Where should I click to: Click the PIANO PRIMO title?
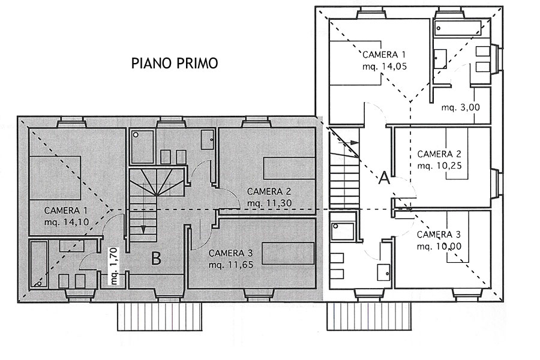click(175, 64)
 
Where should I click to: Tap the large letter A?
click(385, 178)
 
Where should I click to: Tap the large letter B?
click(157, 259)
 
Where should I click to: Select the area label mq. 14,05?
click(385, 67)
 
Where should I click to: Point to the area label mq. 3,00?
click(460, 107)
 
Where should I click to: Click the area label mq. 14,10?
click(67, 222)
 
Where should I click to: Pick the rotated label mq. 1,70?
click(114, 266)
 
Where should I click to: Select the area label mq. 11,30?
click(269, 203)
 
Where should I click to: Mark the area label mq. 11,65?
click(231, 265)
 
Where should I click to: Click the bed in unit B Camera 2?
click(289, 169)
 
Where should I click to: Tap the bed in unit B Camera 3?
click(288, 254)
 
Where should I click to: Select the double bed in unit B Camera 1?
click(55, 178)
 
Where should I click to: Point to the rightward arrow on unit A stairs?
click(347, 142)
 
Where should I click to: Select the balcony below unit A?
click(369, 316)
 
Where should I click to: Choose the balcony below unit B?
click(159, 316)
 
